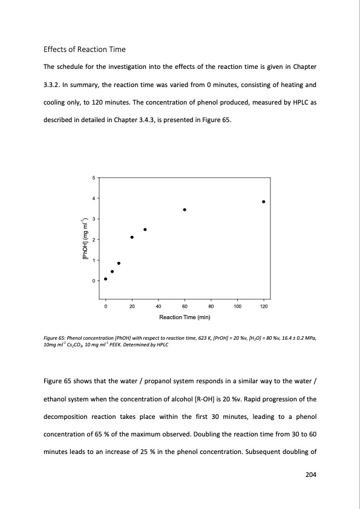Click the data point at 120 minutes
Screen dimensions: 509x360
point(264,201)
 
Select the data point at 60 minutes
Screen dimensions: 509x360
point(185,210)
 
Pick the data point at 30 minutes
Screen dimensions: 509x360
point(145,230)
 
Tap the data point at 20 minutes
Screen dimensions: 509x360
point(132,237)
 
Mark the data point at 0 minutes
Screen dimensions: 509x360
point(106,279)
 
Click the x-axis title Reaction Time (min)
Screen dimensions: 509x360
point(185,317)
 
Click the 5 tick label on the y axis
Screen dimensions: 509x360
point(94,177)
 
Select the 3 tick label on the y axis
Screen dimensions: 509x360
point(94,219)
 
